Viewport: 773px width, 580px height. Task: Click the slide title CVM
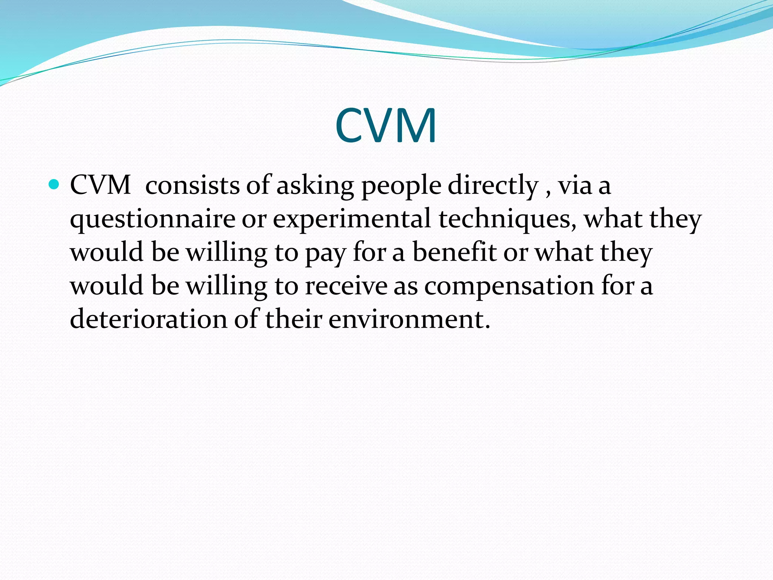[386, 125]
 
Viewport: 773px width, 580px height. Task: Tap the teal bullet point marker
[54, 185]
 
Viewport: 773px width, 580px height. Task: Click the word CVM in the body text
[100, 185]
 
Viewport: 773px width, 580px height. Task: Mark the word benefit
[454, 252]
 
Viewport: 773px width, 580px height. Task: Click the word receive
[346, 286]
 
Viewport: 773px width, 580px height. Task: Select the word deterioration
[149, 319]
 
